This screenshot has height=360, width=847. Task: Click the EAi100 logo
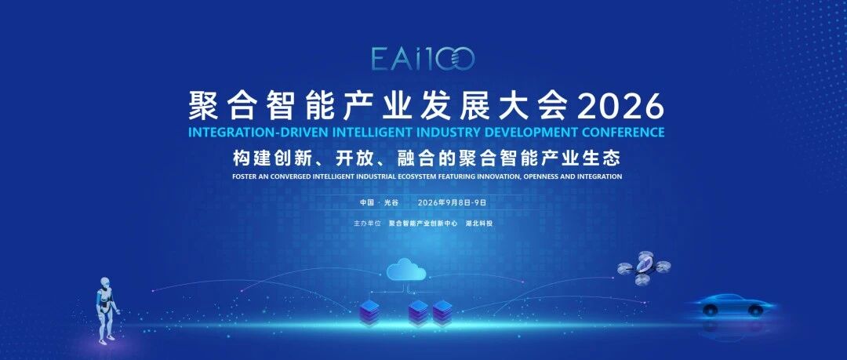point(423,59)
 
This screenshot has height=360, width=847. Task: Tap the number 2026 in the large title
point(620,106)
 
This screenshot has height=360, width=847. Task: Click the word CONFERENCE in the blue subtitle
point(620,132)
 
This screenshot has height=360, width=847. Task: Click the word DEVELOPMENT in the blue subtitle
point(529,132)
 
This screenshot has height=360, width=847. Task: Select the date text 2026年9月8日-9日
point(453,202)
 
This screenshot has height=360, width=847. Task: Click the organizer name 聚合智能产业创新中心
point(423,223)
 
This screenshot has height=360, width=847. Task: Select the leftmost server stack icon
point(369,313)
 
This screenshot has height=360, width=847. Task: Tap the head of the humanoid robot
point(105,282)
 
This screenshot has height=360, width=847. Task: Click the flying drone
point(643,267)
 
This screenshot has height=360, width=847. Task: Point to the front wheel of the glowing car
point(754,311)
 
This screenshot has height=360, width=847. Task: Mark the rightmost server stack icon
point(442,313)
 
